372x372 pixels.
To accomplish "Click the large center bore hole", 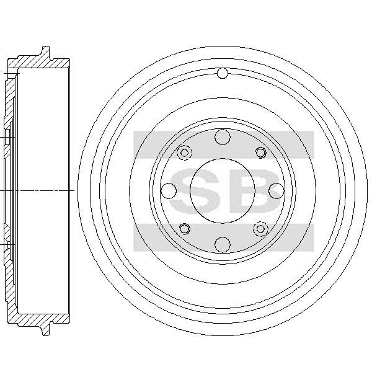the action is (x=223, y=191).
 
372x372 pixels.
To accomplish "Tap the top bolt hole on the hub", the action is (x=223, y=137).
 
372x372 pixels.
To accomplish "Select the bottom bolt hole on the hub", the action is (x=223, y=244).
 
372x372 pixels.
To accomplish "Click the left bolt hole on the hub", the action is (x=169, y=191).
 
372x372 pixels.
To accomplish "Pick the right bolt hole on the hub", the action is (x=277, y=191).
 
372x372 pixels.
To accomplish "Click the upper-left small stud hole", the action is (x=184, y=153).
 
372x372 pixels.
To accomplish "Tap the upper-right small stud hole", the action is (x=260, y=153).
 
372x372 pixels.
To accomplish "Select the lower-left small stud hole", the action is (x=185, y=229).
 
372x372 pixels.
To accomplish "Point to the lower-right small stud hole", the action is (x=260, y=229).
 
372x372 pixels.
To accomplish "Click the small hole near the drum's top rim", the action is (x=223, y=73).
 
